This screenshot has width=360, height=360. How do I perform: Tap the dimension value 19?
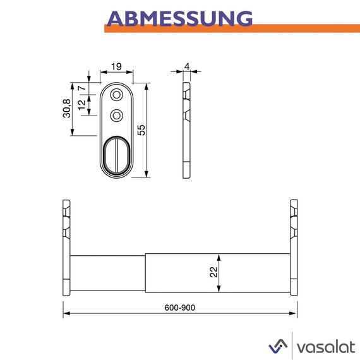click(116, 66)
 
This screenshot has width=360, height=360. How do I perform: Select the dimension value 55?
click(142, 129)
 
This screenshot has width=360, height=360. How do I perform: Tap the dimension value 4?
click(187, 66)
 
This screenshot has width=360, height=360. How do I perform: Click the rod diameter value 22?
click(213, 273)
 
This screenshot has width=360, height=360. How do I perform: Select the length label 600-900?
click(180, 307)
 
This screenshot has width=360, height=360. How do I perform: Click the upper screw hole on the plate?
click(116, 95)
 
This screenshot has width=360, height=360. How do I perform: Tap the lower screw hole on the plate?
click(116, 115)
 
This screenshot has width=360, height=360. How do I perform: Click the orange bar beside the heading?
click(303, 28)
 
